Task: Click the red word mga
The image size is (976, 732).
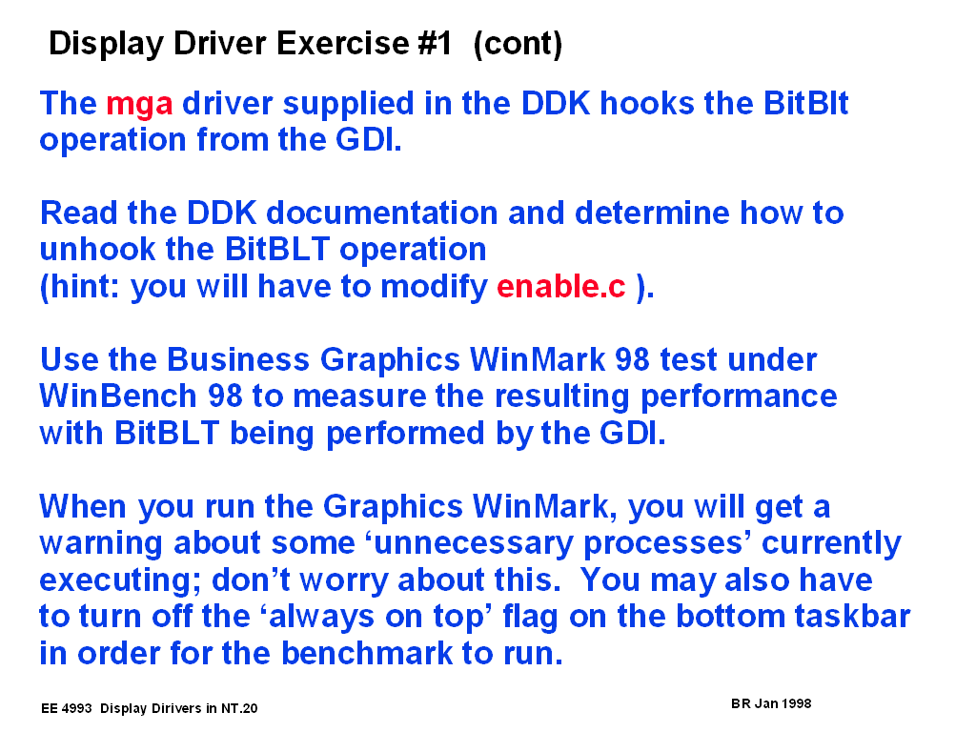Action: (139, 105)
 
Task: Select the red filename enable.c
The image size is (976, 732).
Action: (560, 286)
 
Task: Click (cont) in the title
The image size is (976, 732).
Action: (518, 44)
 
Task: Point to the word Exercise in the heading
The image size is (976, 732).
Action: (343, 43)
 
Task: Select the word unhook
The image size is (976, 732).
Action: (98, 250)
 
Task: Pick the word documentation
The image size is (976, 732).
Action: (381, 213)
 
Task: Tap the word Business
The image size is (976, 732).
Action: (237, 359)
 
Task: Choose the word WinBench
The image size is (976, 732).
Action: (118, 396)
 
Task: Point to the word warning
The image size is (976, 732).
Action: (101, 543)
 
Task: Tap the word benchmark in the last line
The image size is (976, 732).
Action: (367, 653)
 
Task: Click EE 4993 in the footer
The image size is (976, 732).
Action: (66, 708)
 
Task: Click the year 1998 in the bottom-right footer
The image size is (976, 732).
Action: (796, 703)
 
